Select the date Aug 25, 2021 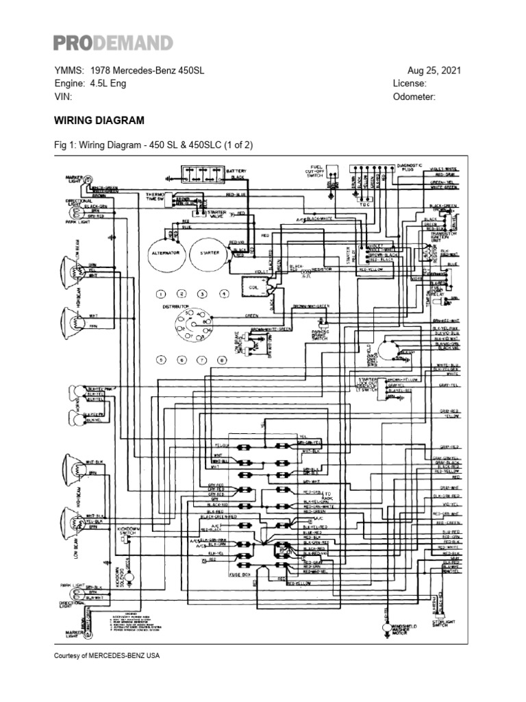point(434,71)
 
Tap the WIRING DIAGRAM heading point(99,120)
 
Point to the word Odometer point(414,97)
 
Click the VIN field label point(62,97)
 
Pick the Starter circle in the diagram point(209,252)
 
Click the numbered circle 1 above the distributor point(161,294)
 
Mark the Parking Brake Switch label point(320,335)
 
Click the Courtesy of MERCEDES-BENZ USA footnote point(106,655)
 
